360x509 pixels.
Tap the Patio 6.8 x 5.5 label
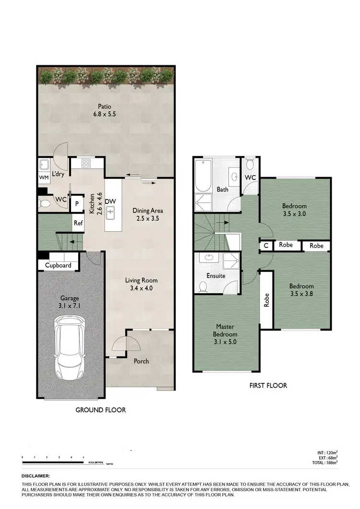104,111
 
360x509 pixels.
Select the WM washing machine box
44,178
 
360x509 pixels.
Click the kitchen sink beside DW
111,211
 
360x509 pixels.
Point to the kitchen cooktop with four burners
86,163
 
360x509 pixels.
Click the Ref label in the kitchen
78,223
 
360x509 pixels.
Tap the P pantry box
76,203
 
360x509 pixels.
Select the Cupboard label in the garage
58,265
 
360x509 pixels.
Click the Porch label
141,361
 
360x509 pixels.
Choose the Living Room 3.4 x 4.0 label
142,284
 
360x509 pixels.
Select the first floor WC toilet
250,166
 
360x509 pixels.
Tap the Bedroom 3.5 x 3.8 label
301,291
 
